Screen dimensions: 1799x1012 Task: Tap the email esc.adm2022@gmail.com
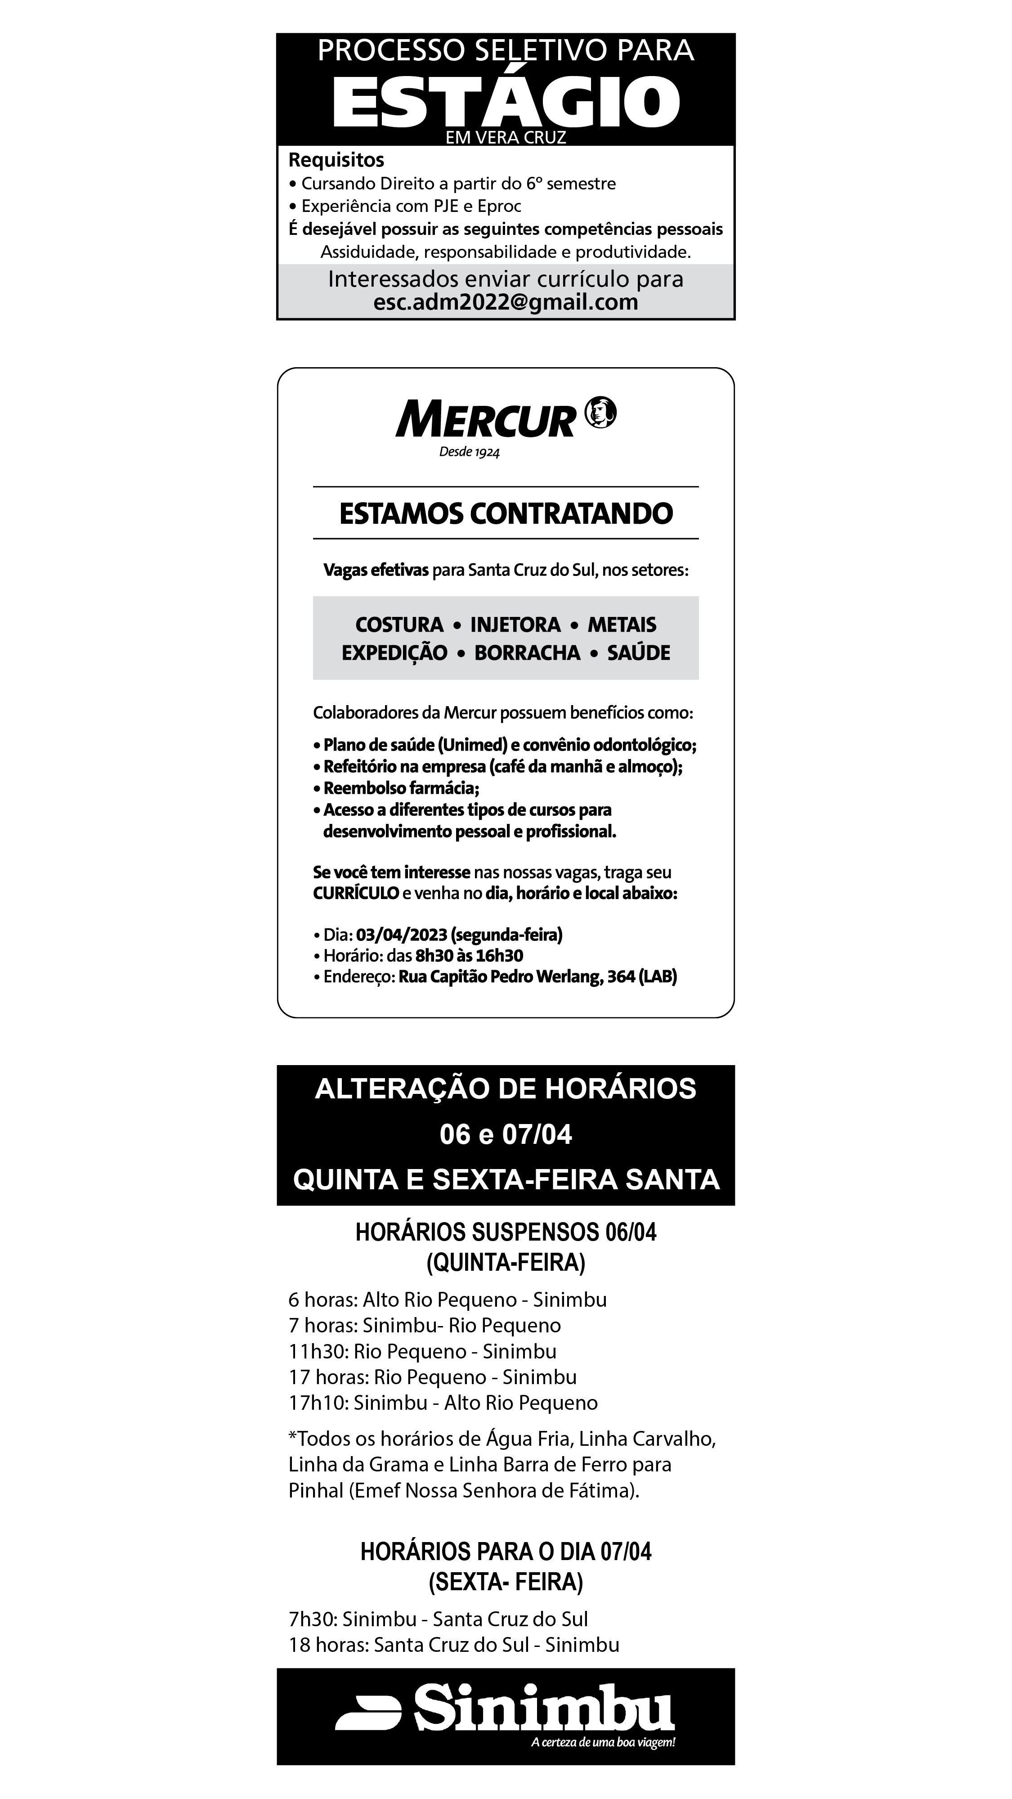click(x=505, y=302)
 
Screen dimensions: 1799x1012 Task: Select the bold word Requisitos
click(x=336, y=160)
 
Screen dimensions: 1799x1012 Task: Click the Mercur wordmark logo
click(x=485, y=419)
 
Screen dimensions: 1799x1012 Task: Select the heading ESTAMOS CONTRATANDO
click(x=505, y=513)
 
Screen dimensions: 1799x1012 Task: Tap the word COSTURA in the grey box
click(x=399, y=625)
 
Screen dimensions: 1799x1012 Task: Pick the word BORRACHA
click(x=527, y=653)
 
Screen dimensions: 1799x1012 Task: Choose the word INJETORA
click(x=515, y=625)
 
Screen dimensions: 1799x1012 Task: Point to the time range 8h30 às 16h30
click(x=469, y=955)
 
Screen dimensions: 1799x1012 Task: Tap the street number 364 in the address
click(x=620, y=976)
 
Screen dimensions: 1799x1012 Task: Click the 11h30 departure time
click(x=318, y=1351)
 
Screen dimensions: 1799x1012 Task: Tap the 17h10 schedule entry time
click(x=318, y=1403)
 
